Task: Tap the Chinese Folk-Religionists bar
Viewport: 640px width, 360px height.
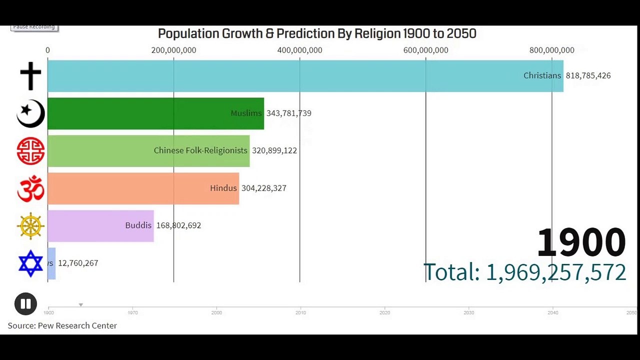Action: click(100, 150)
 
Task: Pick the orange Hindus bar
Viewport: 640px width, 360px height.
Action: click(125, 188)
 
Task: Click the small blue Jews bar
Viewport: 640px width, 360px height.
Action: click(51, 263)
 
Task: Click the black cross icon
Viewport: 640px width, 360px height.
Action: click(30, 76)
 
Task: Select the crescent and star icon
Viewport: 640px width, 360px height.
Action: click(30, 113)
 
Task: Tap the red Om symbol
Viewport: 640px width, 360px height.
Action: click(30, 188)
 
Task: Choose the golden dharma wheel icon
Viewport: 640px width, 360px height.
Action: click(30, 226)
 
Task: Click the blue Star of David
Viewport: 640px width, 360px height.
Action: click(30, 263)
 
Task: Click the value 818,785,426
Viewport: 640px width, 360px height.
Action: click(588, 75)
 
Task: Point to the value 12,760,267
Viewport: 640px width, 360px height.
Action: click(78, 263)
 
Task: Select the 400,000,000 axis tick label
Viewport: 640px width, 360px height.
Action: click(299, 50)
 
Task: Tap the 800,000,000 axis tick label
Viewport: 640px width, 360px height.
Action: click(551, 50)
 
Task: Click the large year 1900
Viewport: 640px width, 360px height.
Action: click(581, 242)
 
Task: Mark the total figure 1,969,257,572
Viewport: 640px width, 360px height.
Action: click(555, 272)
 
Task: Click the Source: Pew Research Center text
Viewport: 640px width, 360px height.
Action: click(62, 325)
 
